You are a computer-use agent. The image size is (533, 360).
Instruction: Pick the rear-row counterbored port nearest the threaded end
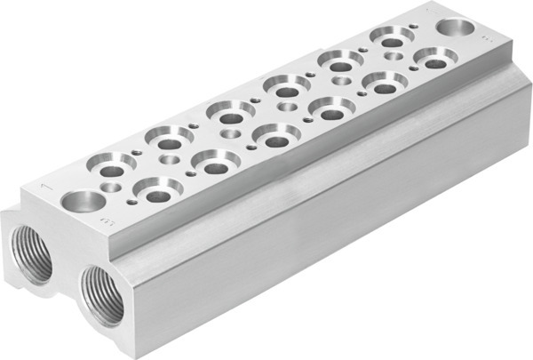113,166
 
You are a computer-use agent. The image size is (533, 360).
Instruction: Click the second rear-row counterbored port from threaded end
170,139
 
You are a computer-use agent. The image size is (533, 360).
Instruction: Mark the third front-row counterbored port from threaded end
276,136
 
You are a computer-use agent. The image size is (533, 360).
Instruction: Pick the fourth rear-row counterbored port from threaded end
286,87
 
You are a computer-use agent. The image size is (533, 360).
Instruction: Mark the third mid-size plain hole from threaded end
229,132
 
